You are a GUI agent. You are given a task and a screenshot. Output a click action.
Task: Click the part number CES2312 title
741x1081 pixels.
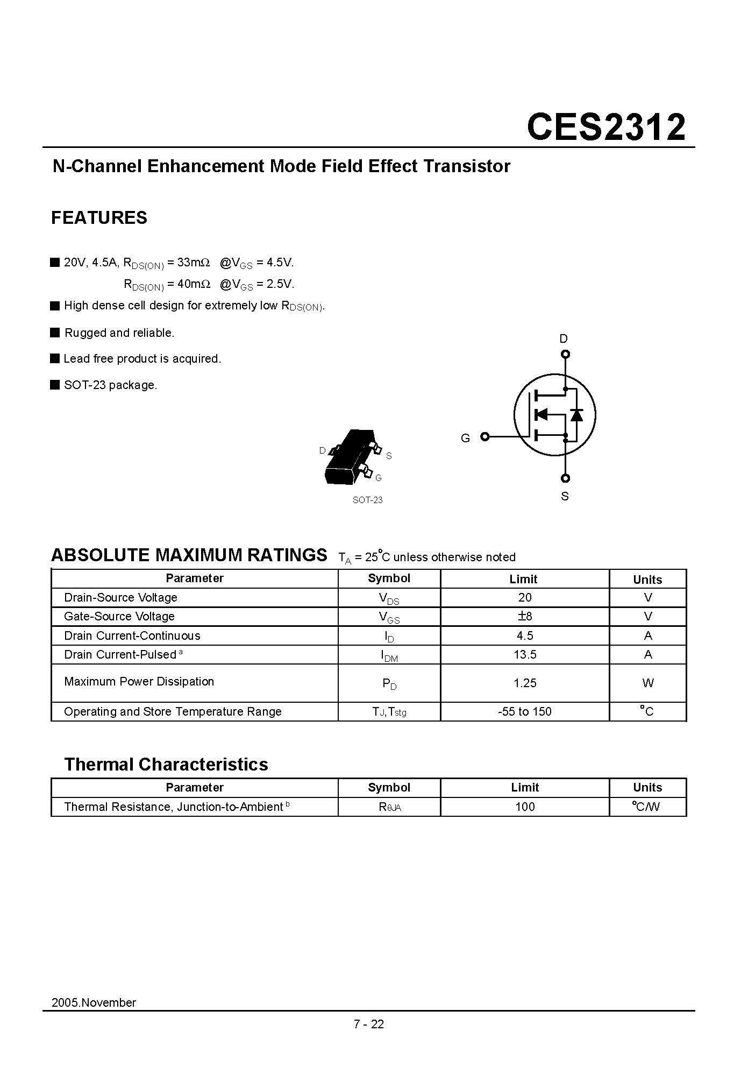click(606, 128)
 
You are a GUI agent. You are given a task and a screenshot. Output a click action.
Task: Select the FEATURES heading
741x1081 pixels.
click(99, 218)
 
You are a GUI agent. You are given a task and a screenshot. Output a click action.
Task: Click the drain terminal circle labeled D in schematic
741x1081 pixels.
click(565, 354)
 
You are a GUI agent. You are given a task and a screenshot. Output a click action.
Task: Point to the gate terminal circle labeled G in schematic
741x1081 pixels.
click(484, 436)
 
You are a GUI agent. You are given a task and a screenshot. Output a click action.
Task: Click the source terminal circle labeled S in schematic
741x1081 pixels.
click(565, 478)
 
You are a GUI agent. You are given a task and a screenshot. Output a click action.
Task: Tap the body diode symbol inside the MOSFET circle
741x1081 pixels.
click(577, 414)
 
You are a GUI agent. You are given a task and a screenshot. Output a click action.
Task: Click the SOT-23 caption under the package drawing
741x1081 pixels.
click(367, 500)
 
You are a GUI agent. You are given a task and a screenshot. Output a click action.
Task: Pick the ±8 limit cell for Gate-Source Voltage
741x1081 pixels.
click(524, 617)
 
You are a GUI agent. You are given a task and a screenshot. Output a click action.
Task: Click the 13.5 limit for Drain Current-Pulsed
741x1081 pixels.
click(524, 655)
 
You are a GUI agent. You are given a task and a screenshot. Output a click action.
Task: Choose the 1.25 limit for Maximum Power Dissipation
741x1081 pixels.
click(524, 683)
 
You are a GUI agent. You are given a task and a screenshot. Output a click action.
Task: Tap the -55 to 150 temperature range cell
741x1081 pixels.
click(524, 711)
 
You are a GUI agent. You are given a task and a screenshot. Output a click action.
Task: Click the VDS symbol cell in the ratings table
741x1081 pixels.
click(389, 598)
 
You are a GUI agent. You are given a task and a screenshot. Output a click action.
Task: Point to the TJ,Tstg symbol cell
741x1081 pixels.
click(389, 712)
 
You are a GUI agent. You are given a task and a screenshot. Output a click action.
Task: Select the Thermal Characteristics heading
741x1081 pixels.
click(166, 764)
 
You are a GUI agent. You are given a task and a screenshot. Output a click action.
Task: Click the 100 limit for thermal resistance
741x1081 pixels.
click(524, 807)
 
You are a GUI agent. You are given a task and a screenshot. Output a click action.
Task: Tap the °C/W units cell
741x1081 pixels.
click(647, 807)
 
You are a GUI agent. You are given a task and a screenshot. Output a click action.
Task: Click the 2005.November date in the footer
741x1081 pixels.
click(94, 1002)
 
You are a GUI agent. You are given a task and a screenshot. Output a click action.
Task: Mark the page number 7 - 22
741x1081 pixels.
click(369, 1024)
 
